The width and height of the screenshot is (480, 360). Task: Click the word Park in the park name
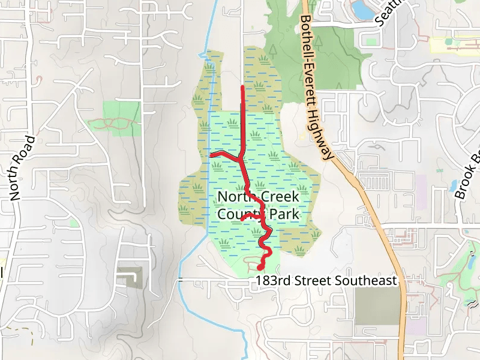click(280, 214)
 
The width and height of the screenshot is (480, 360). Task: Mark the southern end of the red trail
click(260, 267)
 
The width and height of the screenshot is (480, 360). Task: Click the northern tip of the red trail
click(242, 88)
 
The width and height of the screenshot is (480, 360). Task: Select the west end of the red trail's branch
click(211, 155)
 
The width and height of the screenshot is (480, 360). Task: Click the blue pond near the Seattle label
click(362, 8)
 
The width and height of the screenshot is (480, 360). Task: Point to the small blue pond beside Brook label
click(452, 186)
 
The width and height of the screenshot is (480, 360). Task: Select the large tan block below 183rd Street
click(376, 305)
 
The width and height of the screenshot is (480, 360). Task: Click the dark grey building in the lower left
click(130, 276)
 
